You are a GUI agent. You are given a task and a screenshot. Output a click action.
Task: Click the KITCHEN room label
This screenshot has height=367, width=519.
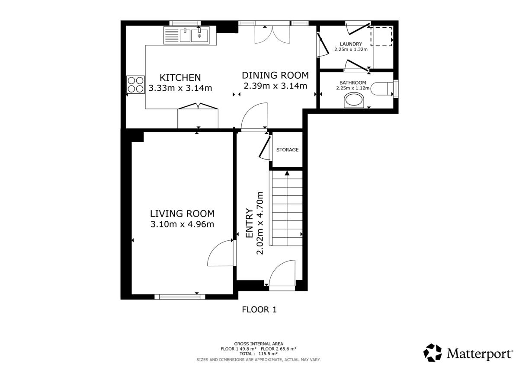tap(180, 77)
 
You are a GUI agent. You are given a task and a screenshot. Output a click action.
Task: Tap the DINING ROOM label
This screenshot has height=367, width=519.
tap(275, 75)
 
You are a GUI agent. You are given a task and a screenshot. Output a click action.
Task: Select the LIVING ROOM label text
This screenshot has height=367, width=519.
tap(182, 214)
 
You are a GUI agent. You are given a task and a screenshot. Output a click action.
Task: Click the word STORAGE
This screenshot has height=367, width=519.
tap(287, 150)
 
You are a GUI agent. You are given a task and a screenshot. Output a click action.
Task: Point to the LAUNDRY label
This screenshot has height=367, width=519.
tap(351, 44)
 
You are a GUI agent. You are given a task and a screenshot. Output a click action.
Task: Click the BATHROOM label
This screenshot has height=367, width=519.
tap(352, 83)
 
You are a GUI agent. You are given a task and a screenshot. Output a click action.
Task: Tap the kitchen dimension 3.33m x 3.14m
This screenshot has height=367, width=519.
tap(180, 88)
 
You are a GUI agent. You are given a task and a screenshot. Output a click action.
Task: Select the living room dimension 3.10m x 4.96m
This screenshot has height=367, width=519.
tap(182, 224)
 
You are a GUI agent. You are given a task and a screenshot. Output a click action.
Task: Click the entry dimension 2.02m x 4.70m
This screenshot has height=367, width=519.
tap(260, 223)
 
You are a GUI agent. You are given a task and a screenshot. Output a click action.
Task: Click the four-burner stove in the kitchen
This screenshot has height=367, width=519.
tap(135, 85)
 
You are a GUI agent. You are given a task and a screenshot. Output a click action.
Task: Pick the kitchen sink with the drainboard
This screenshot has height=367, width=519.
tap(187, 35)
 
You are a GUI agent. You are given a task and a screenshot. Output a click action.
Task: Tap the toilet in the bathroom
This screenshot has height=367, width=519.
tap(382, 89)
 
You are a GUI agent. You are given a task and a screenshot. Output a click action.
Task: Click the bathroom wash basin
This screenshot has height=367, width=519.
tap(354, 100)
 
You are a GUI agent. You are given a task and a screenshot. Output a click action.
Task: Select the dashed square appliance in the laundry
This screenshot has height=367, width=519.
tap(381, 36)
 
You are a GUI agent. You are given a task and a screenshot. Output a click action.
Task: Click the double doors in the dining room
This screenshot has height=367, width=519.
tap(272, 35)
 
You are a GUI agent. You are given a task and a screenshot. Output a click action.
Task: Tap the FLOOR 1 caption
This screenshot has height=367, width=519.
tap(259, 310)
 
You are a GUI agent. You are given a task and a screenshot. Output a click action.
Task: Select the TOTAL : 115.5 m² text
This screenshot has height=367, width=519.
tap(259, 354)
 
